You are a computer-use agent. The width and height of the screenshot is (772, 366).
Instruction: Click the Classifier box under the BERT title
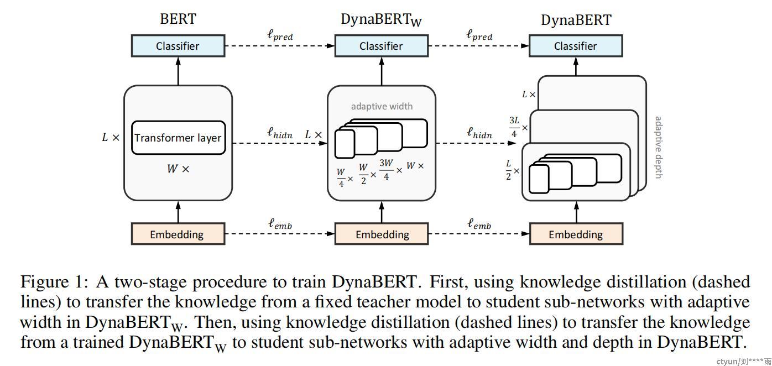[x=178, y=46]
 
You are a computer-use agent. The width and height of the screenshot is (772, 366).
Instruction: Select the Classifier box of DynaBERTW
[x=381, y=46]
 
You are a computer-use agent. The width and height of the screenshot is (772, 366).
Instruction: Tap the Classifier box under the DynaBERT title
[x=576, y=46]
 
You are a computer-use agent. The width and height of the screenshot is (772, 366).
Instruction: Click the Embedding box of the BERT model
[x=178, y=234]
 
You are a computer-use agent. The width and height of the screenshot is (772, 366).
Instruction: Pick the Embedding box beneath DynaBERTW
[x=382, y=234]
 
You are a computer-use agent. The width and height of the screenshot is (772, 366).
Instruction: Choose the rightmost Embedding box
[x=576, y=234]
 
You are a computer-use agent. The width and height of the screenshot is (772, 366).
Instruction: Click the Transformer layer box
[x=178, y=138]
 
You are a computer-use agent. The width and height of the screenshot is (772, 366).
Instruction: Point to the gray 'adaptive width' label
[x=382, y=106]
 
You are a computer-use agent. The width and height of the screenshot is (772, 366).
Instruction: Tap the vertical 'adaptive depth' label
[x=658, y=147]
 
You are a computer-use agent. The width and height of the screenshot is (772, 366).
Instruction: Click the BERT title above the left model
[x=178, y=19]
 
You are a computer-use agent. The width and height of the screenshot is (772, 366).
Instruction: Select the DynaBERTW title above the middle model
[x=381, y=20]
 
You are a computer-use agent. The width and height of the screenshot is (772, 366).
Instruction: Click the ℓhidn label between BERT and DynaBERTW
[x=279, y=133]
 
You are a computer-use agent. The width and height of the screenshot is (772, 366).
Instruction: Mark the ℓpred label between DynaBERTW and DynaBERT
[x=479, y=35]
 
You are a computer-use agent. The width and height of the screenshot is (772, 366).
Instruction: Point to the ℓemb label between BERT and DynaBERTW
[x=280, y=224]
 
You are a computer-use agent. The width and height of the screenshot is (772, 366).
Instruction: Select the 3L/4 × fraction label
[x=518, y=127]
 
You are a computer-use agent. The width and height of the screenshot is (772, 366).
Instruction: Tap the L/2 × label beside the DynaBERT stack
[x=512, y=170]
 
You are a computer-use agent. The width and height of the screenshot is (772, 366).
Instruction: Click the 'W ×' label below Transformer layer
[x=178, y=169]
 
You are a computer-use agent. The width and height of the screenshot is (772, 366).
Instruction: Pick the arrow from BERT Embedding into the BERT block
[x=178, y=211]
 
